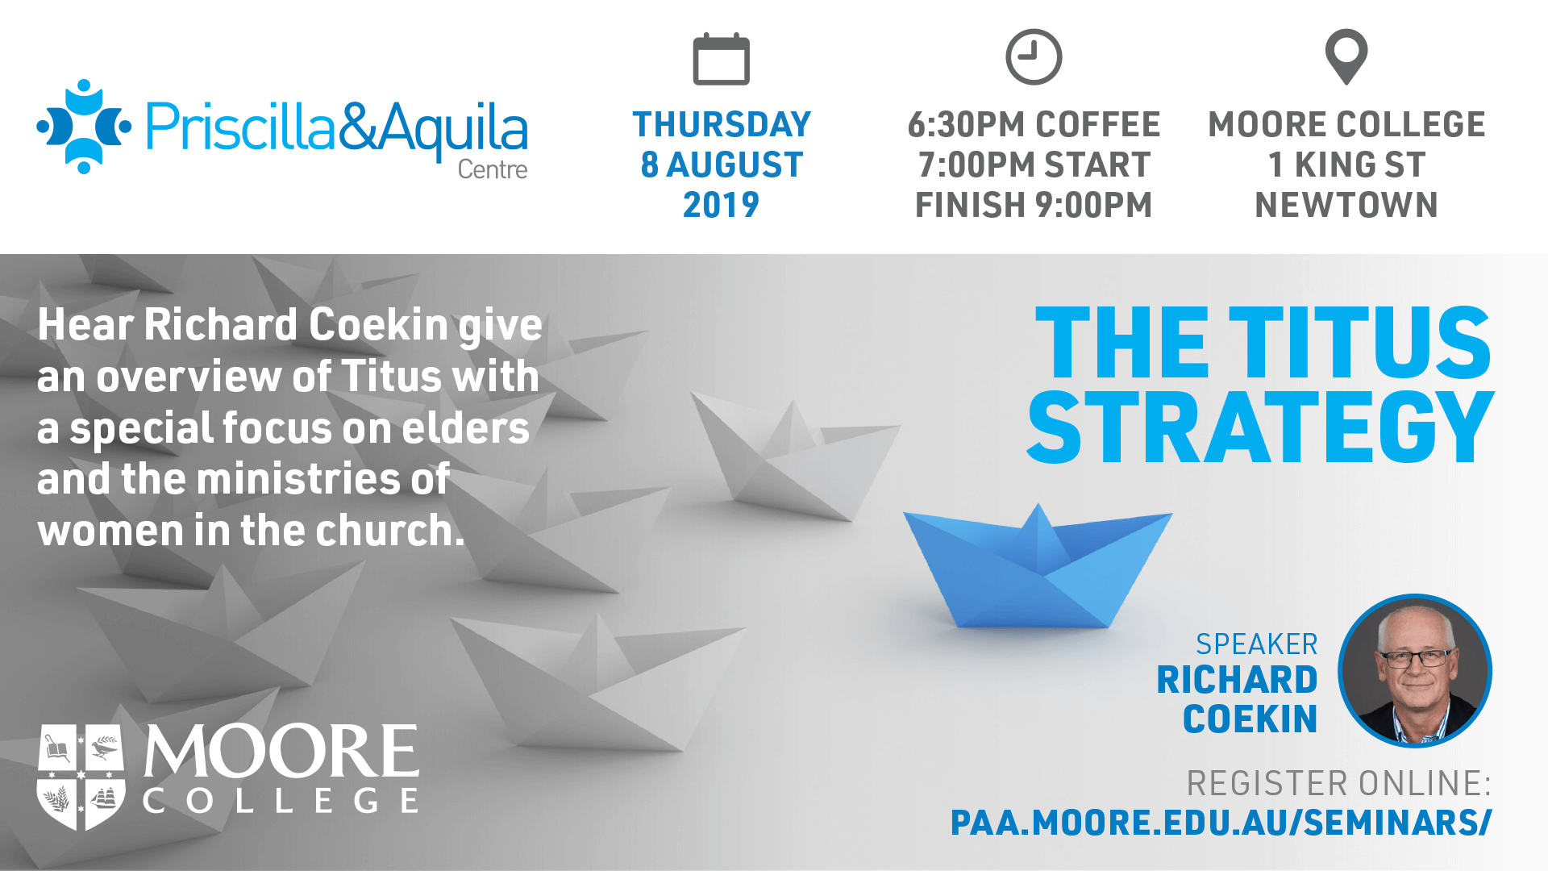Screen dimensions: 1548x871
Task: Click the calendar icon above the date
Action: click(722, 59)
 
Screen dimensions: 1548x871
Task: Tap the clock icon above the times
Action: click(1034, 57)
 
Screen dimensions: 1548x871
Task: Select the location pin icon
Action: click(1346, 56)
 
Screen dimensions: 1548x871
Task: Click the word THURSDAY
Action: click(722, 125)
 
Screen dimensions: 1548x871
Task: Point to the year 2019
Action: click(722, 205)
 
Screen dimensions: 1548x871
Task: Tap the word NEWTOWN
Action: click(1346, 205)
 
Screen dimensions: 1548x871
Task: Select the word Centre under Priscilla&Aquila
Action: click(493, 169)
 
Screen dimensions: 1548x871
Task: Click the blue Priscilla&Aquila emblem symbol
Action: click(84, 127)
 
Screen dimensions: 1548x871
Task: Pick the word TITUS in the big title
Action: click(1360, 342)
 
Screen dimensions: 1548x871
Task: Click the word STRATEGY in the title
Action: click(1260, 427)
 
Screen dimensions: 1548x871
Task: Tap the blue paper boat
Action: click(1038, 567)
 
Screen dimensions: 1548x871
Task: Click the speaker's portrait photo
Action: click(1415, 671)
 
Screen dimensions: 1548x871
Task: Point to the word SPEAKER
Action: click(1256, 644)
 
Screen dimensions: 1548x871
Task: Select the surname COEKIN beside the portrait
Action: click(1250, 719)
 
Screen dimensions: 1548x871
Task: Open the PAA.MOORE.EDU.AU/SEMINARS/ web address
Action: click(1221, 823)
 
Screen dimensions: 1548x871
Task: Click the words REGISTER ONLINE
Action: click(1338, 784)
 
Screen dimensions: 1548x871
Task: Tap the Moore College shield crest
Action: click(81, 777)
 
